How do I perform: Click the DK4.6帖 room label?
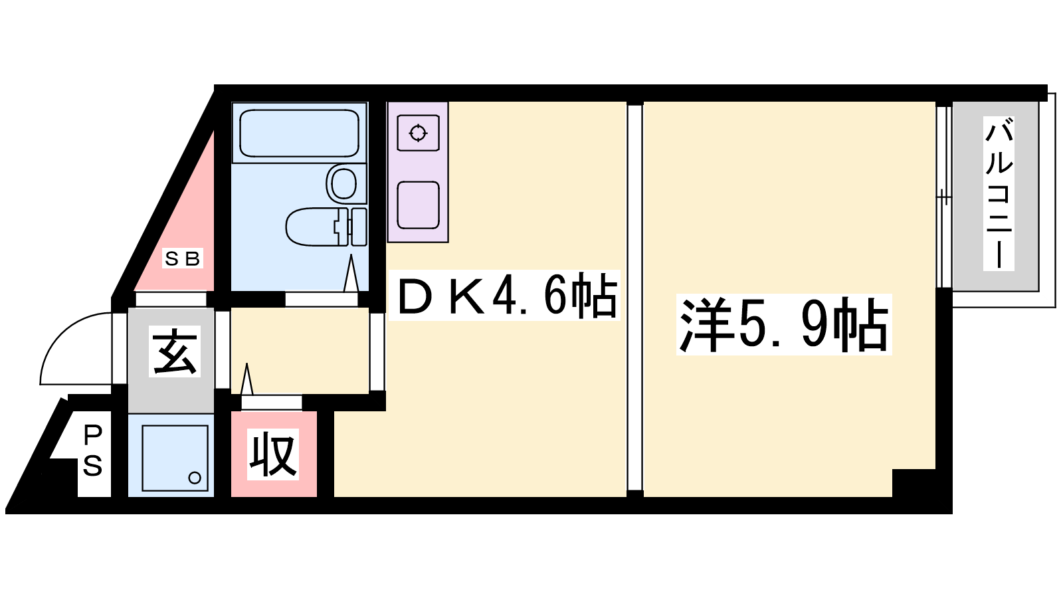pos(505,295)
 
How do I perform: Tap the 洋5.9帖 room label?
pos(784,325)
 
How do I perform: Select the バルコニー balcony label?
pos(999,193)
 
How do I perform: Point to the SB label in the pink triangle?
pos(183,258)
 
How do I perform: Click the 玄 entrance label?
pos(175,351)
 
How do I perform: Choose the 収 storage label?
pos(273,454)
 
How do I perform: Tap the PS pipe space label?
pos(93,451)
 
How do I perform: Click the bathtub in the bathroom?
pos(299,133)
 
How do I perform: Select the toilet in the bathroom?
pos(326,227)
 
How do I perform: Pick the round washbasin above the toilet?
pos(343,183)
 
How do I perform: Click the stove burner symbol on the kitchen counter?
pos(418,133)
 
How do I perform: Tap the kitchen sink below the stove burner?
pos(418,205)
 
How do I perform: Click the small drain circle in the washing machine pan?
pos(195,478)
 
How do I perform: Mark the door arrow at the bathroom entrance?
pos(351,273)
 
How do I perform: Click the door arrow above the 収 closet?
pos(246,379)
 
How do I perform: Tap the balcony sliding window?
pos(944,197)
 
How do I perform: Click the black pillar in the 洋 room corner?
pos(914,482)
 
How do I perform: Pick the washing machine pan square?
pos(175,458)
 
